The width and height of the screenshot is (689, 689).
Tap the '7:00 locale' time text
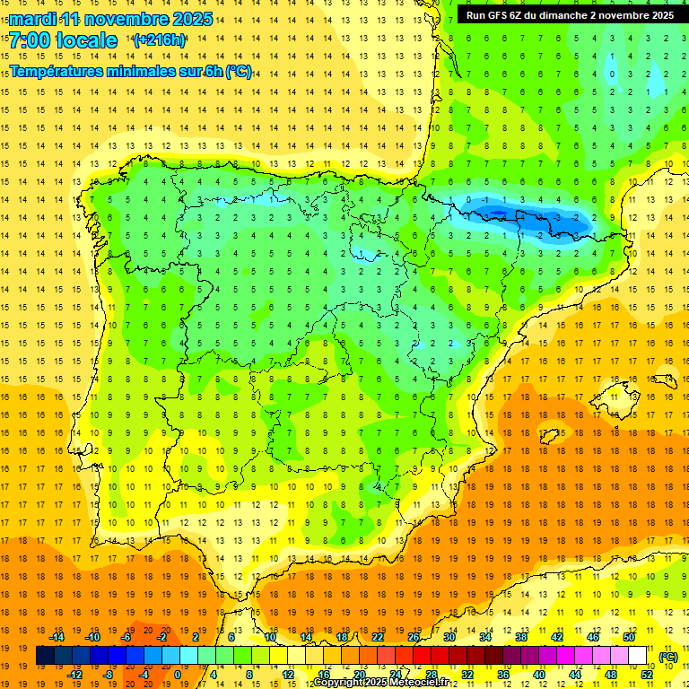tap(63, 40)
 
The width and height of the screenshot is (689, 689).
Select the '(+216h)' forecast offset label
tap(160, 40)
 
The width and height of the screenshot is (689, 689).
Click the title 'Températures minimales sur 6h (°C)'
tap(131, 71)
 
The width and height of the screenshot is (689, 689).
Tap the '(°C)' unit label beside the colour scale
tap(668, 657)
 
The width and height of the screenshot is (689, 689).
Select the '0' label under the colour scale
tap(178, 675)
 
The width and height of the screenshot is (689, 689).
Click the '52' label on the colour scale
tap(647, 675)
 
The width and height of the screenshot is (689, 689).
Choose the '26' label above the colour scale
tap(414, 637)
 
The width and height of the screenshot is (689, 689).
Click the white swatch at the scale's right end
tap(637, 656)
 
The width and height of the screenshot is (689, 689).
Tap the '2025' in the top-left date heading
tap(192, 19)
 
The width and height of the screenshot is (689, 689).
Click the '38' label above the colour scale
tap(521, 637)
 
